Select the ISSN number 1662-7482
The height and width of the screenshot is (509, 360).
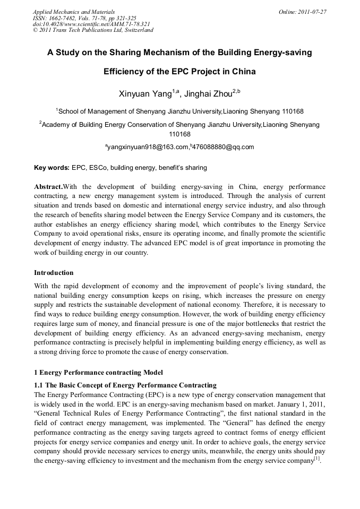(65, 18)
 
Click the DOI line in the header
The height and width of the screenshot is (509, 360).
(91, 24)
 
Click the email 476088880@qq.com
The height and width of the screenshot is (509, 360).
(223, 147)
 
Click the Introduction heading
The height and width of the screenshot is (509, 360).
(54, 273)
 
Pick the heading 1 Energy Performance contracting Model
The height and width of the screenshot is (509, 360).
(98, 372)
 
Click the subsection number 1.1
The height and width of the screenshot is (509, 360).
(39, 385)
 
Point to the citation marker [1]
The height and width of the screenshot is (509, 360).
(316, 459)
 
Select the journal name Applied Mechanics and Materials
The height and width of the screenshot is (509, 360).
(74, 11)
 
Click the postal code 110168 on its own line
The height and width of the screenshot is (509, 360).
(179, 134)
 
